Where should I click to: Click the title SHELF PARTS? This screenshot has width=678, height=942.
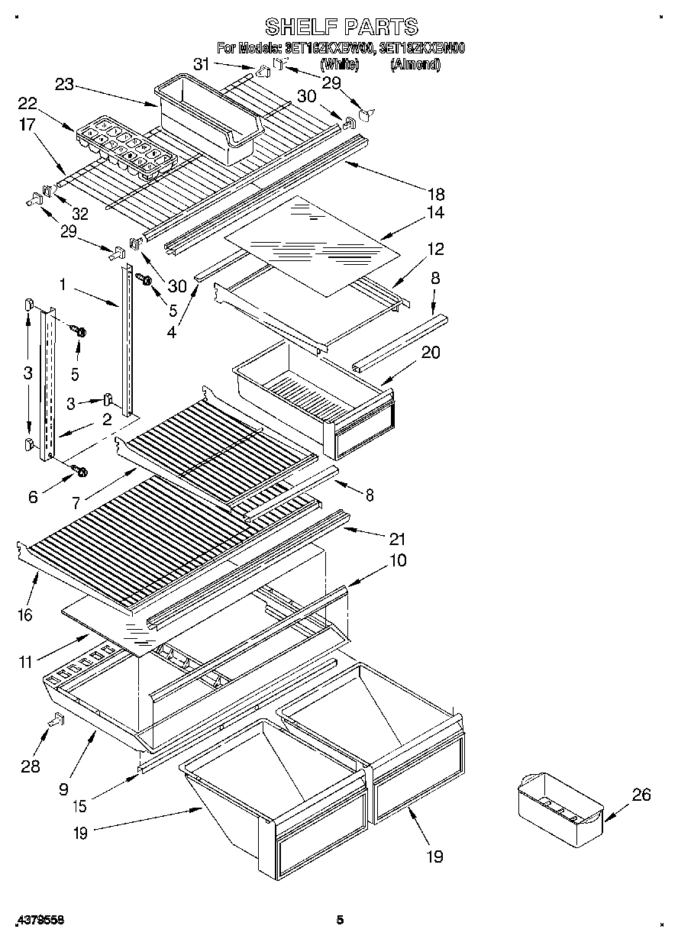tap(341, 27)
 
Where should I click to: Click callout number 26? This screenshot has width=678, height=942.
tap(641, 795)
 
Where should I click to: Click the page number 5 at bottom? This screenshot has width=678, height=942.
tap(341, 921)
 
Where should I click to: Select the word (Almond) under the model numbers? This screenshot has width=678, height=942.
tap(415, 65)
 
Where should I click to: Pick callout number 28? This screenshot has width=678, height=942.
tap(30, 766)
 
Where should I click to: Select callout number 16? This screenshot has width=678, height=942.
tap(25, 615)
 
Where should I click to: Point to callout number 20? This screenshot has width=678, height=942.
tap(431, 353)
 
